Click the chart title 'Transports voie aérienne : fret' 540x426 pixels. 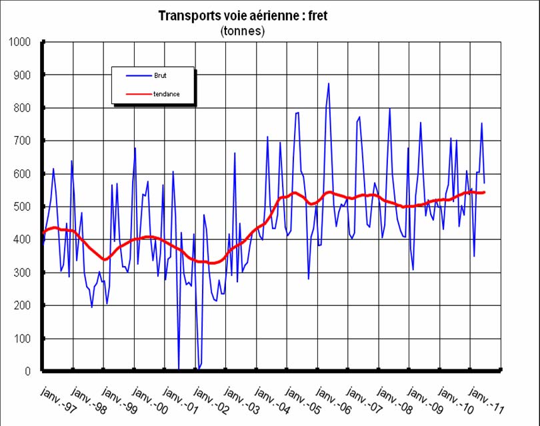click(x=242, y=15)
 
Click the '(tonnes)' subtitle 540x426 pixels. click(x=242, y=31)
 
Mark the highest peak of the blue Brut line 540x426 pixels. click(x=328, y=84)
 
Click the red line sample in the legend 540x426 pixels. click(x=127, y=94)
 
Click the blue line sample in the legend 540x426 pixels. click(x=127, y=76)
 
